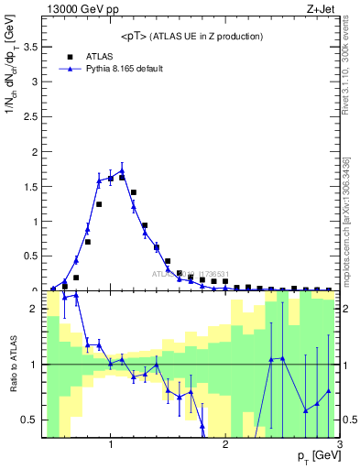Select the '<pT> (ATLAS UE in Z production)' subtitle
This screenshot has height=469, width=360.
(191, 37)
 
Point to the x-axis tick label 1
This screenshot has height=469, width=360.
(111, 445)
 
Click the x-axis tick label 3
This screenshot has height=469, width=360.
(340, 445)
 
